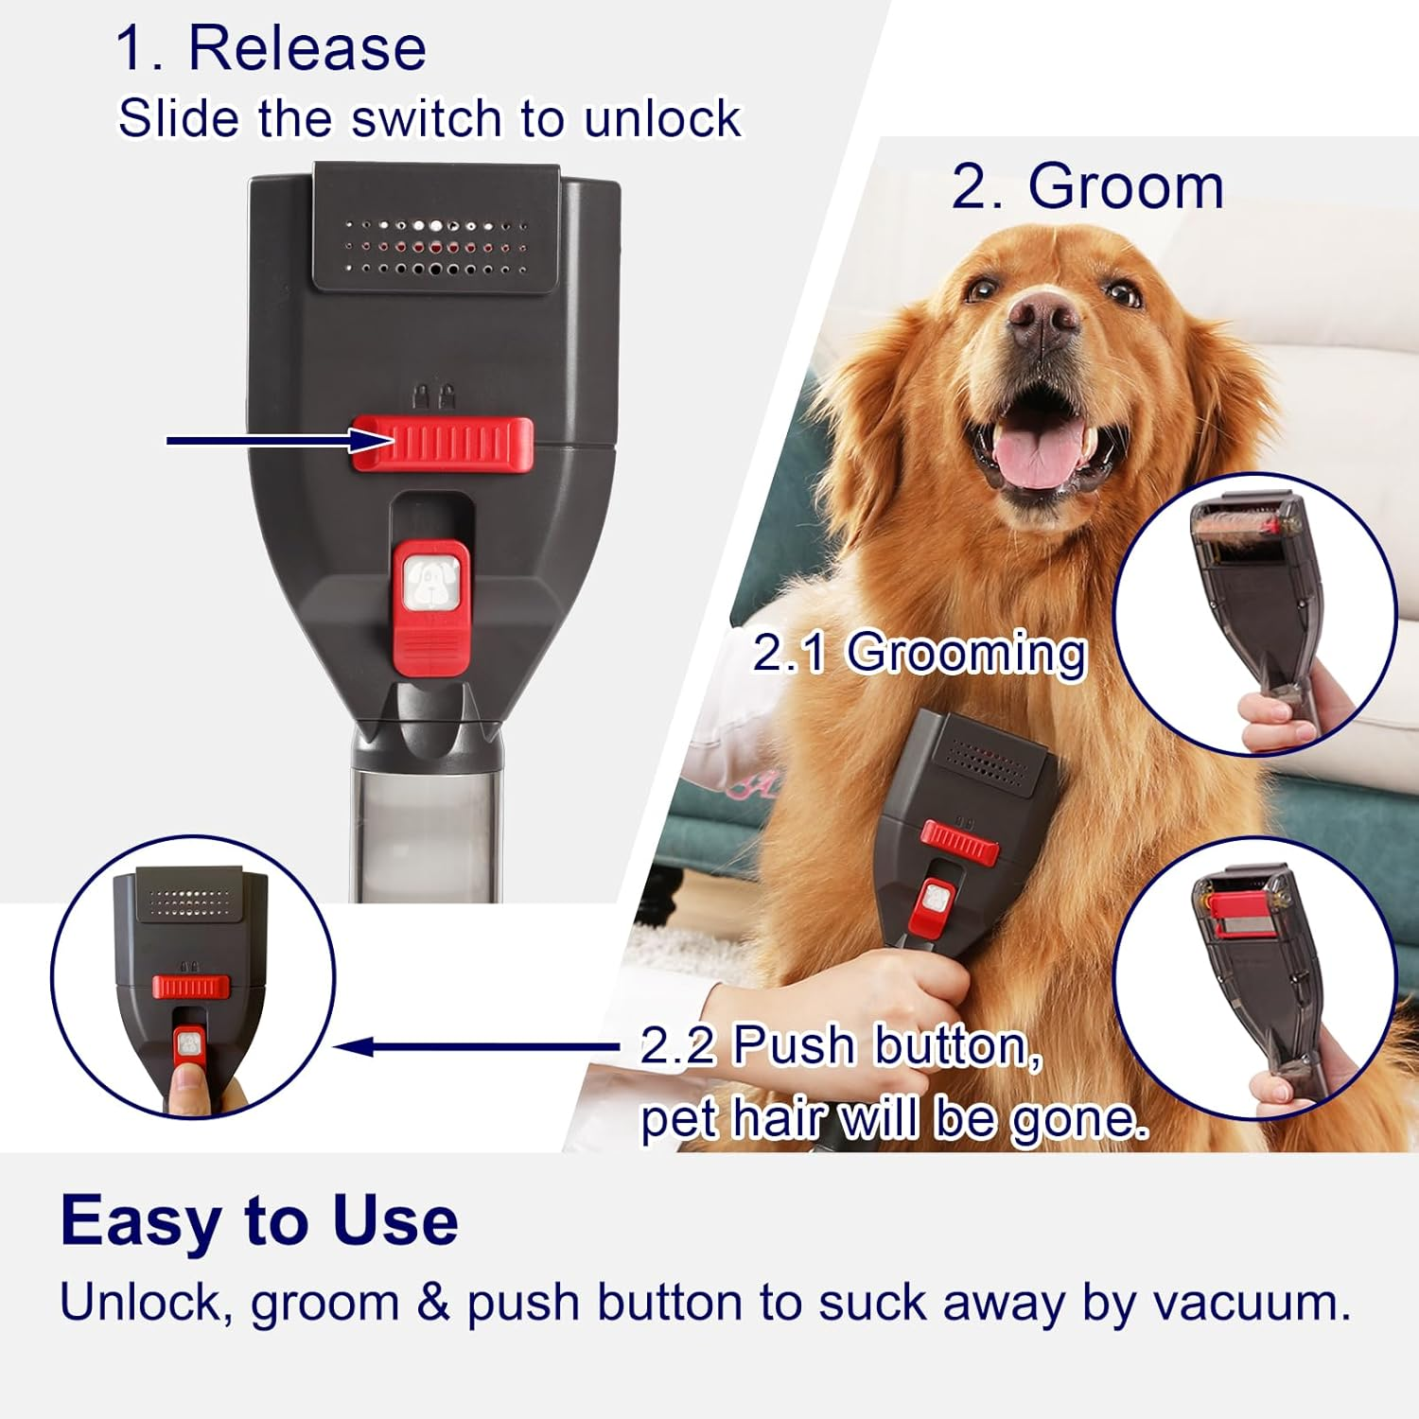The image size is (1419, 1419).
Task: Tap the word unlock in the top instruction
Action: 662,119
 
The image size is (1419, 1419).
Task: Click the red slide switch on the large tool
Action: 442,444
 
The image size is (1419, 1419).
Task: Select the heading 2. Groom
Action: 1087,186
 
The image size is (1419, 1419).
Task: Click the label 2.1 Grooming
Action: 919,653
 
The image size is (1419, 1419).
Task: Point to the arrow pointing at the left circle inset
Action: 473,1046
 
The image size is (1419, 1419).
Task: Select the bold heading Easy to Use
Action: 259,1220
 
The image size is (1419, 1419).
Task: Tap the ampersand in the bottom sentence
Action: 432,1303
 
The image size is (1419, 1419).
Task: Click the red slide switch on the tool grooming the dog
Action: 959,842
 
